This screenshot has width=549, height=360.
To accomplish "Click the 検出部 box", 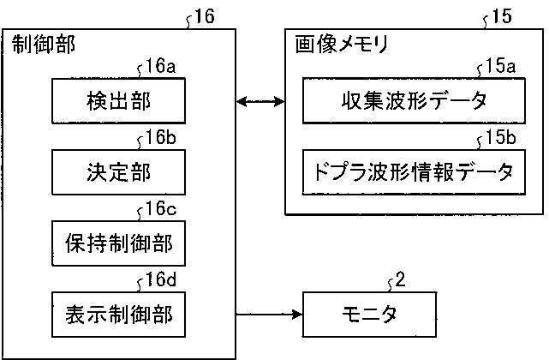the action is (x=118, y=100).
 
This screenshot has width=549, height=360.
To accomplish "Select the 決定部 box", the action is (x=118, y=172).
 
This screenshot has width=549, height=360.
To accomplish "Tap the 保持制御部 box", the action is (x=118, y=243).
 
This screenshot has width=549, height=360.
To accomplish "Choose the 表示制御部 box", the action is (x=118, y=315).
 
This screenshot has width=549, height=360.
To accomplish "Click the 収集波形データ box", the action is (x=414, y=100).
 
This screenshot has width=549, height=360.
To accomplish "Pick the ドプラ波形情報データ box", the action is (x=414, y=172).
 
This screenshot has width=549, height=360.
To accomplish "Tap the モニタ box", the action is (x=369, y=315).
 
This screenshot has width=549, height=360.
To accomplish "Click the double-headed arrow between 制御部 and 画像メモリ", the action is (x=260, y=102).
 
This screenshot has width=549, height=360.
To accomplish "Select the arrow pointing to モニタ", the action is (x=269, y=314).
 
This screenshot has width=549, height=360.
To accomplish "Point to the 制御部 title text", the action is (x=44, y=45).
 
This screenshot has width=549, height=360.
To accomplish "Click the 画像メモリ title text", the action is (x=342, y=45).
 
